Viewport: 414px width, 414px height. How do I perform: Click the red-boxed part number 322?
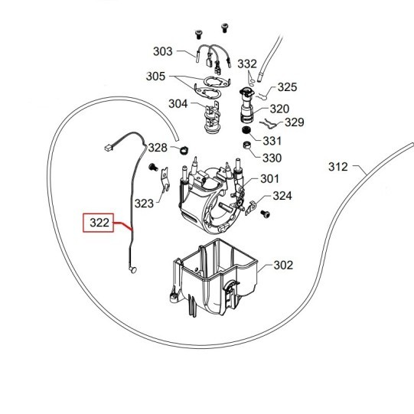click(99, 223)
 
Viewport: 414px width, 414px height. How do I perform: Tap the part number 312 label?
click(338, 167)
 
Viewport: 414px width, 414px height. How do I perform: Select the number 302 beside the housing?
click(283, 265)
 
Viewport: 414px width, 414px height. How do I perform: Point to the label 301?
click(269, 179)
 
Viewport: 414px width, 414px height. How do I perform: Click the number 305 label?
click(155, 77)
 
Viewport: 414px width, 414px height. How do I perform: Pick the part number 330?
click(272, 158)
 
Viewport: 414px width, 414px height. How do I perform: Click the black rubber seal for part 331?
click(246, 130)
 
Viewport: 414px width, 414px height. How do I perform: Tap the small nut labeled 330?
click(247, 145)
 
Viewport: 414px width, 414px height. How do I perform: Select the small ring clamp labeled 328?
click(184, 150)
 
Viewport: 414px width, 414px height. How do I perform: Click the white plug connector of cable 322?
click(107, 148)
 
